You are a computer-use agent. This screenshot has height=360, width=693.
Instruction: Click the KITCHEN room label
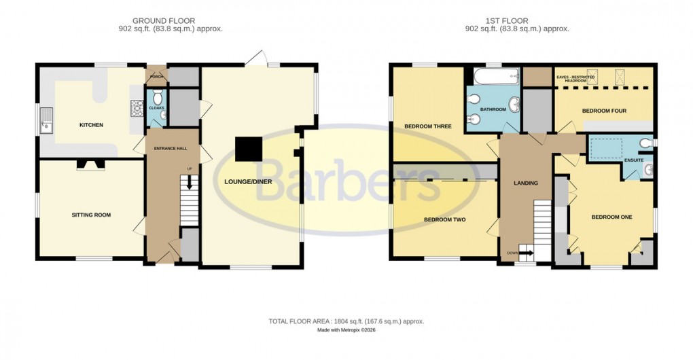coord(91,125)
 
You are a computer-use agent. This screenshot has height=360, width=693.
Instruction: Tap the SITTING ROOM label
coord(91,215)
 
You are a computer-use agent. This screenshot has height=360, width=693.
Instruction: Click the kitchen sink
coord(47,122)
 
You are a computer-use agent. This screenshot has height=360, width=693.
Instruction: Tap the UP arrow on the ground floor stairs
coord(190,182)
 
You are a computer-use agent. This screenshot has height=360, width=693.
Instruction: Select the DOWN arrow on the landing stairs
coord(527,253)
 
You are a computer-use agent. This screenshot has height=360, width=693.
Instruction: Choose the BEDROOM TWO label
coord(444,219)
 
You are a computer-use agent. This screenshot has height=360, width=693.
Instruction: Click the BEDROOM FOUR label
coord(604,111)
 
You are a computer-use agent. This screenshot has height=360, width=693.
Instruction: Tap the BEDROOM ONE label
coord(611,217)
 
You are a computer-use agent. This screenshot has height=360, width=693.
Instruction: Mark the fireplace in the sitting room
coord(90,164)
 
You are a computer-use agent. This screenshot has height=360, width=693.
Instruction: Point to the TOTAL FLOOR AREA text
coord(346,321)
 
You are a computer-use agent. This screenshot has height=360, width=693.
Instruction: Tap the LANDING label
coord(525,183)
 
